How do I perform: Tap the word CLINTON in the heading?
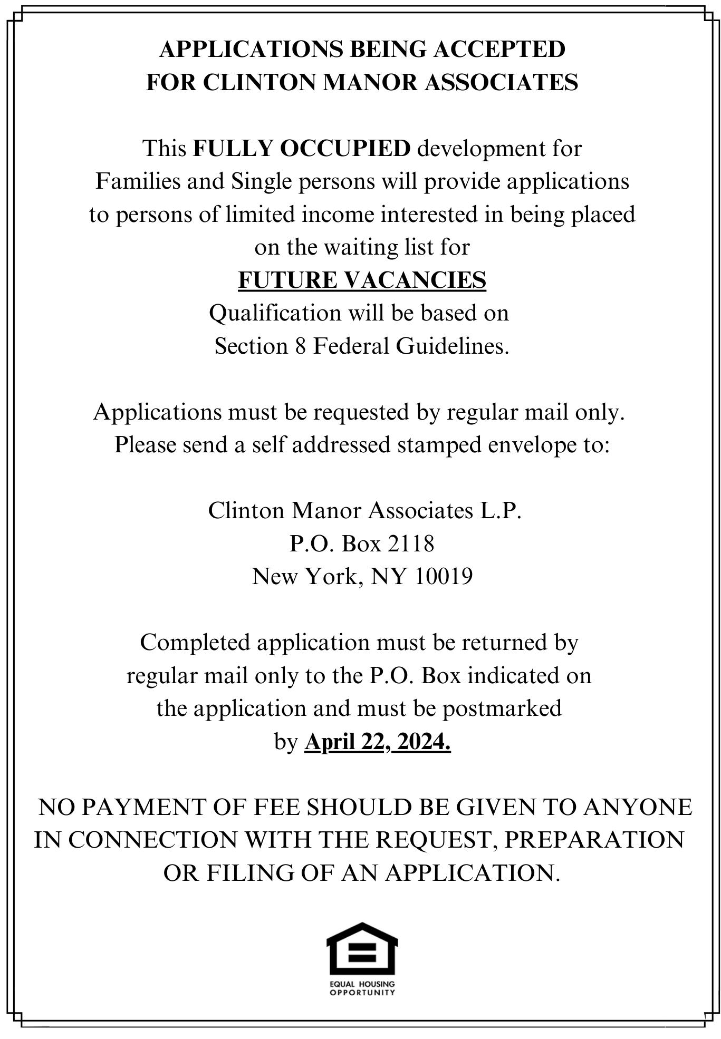[x=259, y=82]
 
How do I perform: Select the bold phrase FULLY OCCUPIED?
[x=301, y=149]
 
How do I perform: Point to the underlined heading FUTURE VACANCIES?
[x=362, y=280]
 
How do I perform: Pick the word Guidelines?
[x=452, y=346]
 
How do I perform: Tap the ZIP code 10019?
[x=443, y=576]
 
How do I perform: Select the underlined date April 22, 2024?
[x=377, y=742]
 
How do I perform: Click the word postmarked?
[x=502, y=708]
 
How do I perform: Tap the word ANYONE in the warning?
[x=637, y=808]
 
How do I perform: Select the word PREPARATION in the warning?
[x=594, y=840]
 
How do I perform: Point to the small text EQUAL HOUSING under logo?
[x=362, y=984]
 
